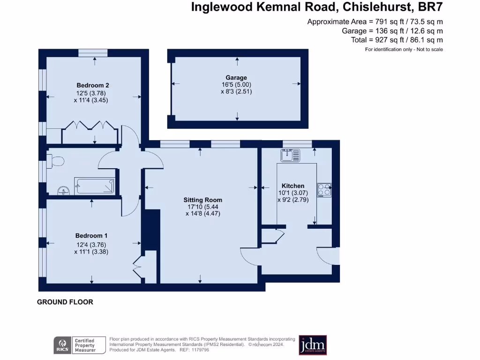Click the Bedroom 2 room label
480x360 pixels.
point(93,85)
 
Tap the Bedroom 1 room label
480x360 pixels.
point(92,236)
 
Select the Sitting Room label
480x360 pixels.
point(202,200)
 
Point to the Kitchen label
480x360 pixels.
point(293,186)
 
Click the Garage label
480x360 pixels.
point(237,78)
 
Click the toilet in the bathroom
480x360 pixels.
point(56,161)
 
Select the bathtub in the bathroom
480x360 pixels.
point(95,186)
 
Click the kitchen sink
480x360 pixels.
point(290,155)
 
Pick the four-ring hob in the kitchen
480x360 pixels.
point(324,189)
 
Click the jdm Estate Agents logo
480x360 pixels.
point(313,345)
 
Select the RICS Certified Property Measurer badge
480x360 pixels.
point(75,345)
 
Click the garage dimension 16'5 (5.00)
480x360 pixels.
point(237,85)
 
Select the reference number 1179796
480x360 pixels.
point(200,350)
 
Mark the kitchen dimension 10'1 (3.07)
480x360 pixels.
point(293,193)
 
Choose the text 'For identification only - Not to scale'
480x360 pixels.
point(404,49)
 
